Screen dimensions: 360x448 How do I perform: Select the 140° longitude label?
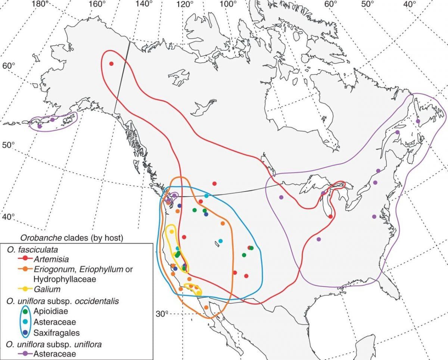144,4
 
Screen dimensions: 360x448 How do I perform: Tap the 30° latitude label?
162,314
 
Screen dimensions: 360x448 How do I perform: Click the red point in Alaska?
111,63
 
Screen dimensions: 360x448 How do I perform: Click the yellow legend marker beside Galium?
25,289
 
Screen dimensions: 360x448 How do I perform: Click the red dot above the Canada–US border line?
214,183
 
